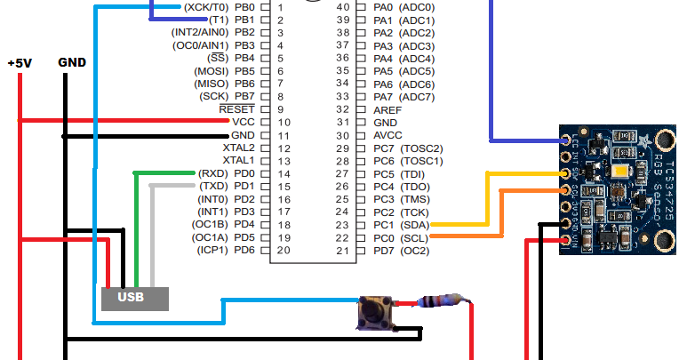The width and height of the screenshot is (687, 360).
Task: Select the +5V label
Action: tap(20, 64)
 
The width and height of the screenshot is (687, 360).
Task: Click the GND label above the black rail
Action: tap(72, 63)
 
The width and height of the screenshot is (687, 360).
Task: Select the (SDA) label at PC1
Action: tap(415, 225)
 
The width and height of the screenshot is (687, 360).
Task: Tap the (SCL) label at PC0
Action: tap(415, 238)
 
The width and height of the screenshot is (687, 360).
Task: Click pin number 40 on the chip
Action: tap(342, 6)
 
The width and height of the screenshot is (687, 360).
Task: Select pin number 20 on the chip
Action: tap(283, 251)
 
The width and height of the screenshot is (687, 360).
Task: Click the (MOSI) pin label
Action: tap(212, 70)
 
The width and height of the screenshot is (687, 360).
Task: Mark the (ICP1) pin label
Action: tap(212, 251)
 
